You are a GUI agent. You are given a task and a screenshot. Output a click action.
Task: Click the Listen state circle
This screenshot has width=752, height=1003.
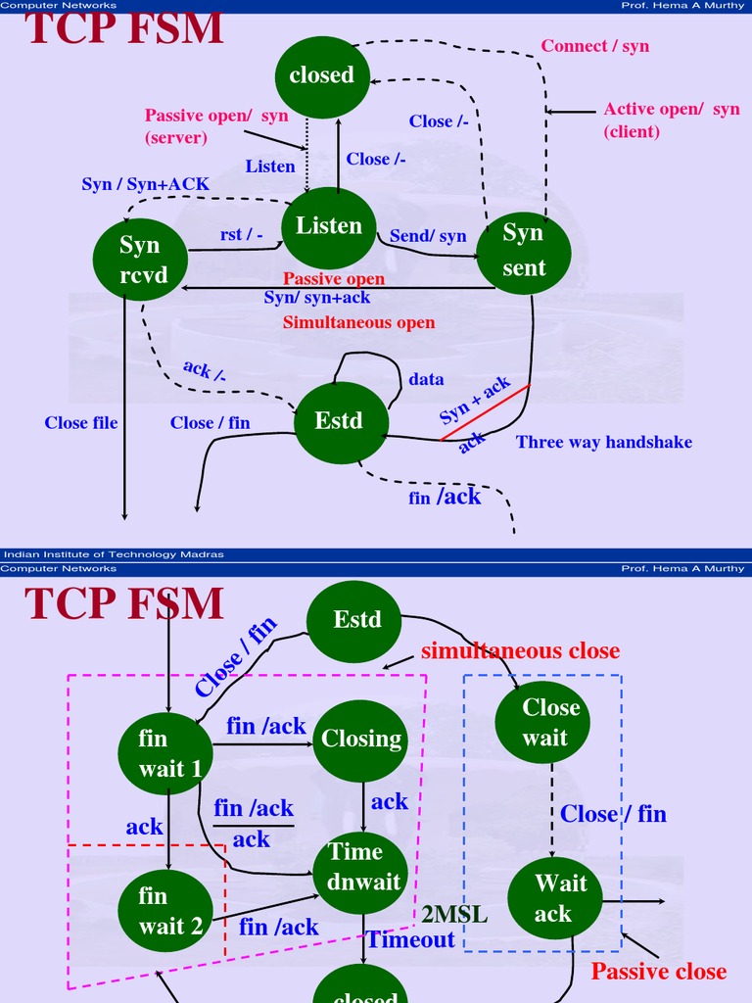point(329,227)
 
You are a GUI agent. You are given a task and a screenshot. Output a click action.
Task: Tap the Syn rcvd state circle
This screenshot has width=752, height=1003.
point(140,260)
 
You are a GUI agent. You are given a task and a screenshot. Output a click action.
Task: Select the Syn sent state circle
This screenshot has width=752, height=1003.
point(524,251)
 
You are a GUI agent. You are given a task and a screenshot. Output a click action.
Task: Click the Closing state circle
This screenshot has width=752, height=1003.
point(361,740)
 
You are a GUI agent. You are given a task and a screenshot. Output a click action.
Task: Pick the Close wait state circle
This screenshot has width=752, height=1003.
point(550,722)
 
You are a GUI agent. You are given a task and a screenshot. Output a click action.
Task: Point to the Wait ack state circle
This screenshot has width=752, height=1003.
point(553,898)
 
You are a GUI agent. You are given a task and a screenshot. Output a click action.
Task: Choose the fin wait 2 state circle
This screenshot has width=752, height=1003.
point(165,910)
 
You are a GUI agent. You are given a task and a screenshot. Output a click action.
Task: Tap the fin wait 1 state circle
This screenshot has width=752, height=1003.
point(165,753)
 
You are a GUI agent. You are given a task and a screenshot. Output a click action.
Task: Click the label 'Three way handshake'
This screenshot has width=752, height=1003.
point(604,442)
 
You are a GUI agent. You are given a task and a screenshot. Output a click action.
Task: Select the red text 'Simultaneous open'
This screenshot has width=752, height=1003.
point(358,322)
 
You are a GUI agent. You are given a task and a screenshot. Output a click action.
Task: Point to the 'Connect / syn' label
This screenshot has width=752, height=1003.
point(595,46)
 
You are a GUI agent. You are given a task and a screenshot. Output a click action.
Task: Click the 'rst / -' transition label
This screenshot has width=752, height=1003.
point(242,235)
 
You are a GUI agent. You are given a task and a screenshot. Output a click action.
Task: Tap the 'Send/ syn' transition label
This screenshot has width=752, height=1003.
point(428,236)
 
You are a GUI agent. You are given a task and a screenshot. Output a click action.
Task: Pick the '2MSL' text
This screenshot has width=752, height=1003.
point(454,915)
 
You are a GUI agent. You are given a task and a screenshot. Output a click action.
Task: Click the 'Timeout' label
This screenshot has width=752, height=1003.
point(411,940)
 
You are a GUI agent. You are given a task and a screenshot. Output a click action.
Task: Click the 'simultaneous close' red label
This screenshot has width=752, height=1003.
point(520,651)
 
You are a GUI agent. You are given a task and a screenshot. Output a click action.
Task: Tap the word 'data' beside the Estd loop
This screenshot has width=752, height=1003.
point(426,379)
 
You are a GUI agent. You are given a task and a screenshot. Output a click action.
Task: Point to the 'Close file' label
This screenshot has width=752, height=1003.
point(81,422)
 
